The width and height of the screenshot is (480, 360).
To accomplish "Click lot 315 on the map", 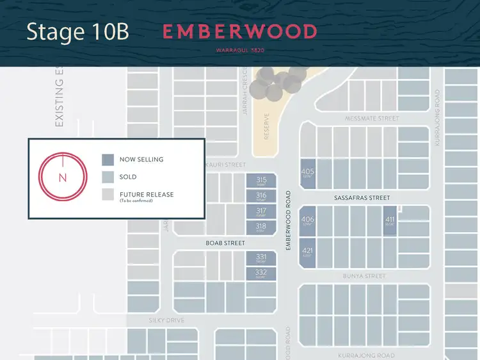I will [x=261, y=181].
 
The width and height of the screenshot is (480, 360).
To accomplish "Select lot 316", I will [x=261, y=197].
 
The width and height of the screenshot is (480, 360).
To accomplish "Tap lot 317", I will [x=261, y=212].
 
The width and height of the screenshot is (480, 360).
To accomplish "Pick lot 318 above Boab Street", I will [x=261, y=227].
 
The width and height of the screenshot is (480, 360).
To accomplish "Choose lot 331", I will [x=261, y=258].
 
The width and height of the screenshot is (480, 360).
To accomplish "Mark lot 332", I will [x=261, y=274].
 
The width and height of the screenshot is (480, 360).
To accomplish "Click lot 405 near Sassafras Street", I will [x=308, y=173].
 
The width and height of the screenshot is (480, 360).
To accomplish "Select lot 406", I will [x=308, y=222].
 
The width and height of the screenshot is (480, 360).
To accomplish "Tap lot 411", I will [x=390, y=221].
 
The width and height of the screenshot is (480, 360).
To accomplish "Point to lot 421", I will [x=308, y=252].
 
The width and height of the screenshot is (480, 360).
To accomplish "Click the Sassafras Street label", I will [x=362, y=198].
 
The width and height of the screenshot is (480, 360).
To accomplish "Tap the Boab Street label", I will [x=225, y=243].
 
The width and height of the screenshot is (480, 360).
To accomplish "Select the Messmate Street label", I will [x=372, y=119].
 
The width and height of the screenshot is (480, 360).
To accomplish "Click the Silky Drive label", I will [x=166, y=320].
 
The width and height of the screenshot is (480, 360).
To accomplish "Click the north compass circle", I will [x=62, y=177].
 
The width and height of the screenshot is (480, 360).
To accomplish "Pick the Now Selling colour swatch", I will [x=108, y=160].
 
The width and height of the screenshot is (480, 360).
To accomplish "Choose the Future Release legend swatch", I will [x=108, y=194].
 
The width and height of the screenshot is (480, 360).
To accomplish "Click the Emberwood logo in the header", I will [x=239, y=31].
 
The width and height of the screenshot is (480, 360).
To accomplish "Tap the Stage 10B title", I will [x=77, y=32].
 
